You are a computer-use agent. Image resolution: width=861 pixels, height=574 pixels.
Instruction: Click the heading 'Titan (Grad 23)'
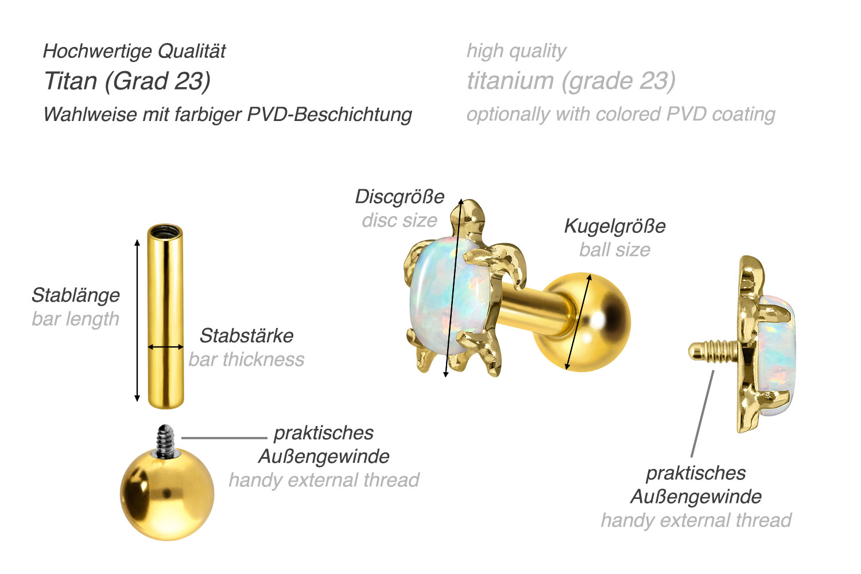tap(127, 81)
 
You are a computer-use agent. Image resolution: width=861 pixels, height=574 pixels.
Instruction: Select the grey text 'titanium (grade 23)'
tap(571, 81)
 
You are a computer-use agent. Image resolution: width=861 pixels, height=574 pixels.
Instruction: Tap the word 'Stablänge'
tap(76, 295)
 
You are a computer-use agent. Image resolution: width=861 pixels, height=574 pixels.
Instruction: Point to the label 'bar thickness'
tap(246, 360)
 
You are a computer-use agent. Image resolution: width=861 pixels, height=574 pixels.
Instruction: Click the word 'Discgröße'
tap(400, 197)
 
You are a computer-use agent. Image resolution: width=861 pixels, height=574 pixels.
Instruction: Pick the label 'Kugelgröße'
tap(615, 226)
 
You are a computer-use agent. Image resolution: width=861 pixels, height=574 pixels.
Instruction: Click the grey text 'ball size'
tap(615, 250)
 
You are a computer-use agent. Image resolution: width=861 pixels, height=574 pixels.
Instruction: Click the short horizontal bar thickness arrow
tap(165, 347)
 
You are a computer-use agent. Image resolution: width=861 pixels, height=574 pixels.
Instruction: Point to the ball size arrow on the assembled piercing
tap(578, 322)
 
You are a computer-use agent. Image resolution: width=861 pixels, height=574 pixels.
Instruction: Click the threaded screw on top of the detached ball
tap(166, 440)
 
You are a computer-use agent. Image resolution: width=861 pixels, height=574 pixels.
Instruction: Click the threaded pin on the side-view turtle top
tap(715, 350)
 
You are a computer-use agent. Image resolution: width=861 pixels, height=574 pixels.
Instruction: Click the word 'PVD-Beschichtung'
tap(329, 114)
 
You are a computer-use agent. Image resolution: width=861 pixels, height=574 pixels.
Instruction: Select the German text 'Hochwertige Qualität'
tap(134, 52)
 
